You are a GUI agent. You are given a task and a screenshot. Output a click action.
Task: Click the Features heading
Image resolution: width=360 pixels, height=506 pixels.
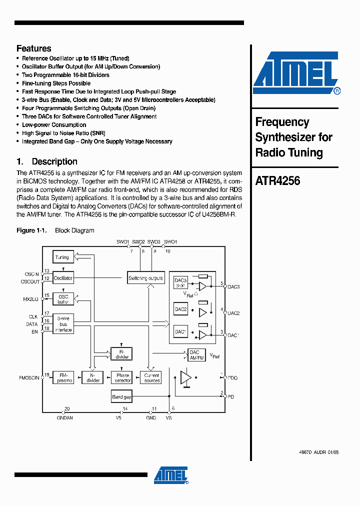tap(34, 48)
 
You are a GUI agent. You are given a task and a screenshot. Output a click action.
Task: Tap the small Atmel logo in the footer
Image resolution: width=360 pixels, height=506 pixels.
tap(170, 475)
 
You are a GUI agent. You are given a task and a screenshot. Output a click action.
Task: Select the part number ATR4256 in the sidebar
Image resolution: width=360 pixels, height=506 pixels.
tap(277, 181)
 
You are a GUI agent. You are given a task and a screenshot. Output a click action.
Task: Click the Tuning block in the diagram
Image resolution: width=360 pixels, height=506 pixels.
tap(62, 257)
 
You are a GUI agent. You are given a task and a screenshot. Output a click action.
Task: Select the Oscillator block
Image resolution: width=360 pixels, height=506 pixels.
tap(63, 278)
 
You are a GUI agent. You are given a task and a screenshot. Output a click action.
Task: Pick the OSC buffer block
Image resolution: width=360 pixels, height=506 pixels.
tap(63, 299)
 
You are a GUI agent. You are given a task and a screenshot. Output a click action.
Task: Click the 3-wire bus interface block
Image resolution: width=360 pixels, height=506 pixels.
tap(63, 324)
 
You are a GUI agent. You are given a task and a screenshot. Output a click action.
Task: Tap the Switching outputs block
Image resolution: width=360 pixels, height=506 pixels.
tap(145, 278)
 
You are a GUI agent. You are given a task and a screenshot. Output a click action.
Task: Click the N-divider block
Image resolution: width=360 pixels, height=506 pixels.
tap(93, 377)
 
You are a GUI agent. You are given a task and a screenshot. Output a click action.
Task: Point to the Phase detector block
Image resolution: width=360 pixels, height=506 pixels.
tap(122, 377)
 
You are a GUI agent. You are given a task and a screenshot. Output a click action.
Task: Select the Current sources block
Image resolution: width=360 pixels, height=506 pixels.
tap(151, 377)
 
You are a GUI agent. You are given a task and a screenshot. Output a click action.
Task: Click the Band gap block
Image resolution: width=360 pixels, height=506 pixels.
tap(121, 397)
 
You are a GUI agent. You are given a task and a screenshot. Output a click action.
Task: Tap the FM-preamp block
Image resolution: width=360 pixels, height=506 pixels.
tap(64, 377)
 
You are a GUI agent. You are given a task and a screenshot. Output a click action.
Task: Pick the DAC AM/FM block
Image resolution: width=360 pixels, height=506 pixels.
tap(197, 355)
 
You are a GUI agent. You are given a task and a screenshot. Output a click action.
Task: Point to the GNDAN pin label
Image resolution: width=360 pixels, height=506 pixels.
tap(65, 417)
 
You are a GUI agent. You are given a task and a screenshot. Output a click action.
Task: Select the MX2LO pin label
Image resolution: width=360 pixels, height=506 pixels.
tap(31, 299)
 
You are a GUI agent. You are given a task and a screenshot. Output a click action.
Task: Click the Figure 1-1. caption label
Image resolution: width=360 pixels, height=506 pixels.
tap(31, 230)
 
